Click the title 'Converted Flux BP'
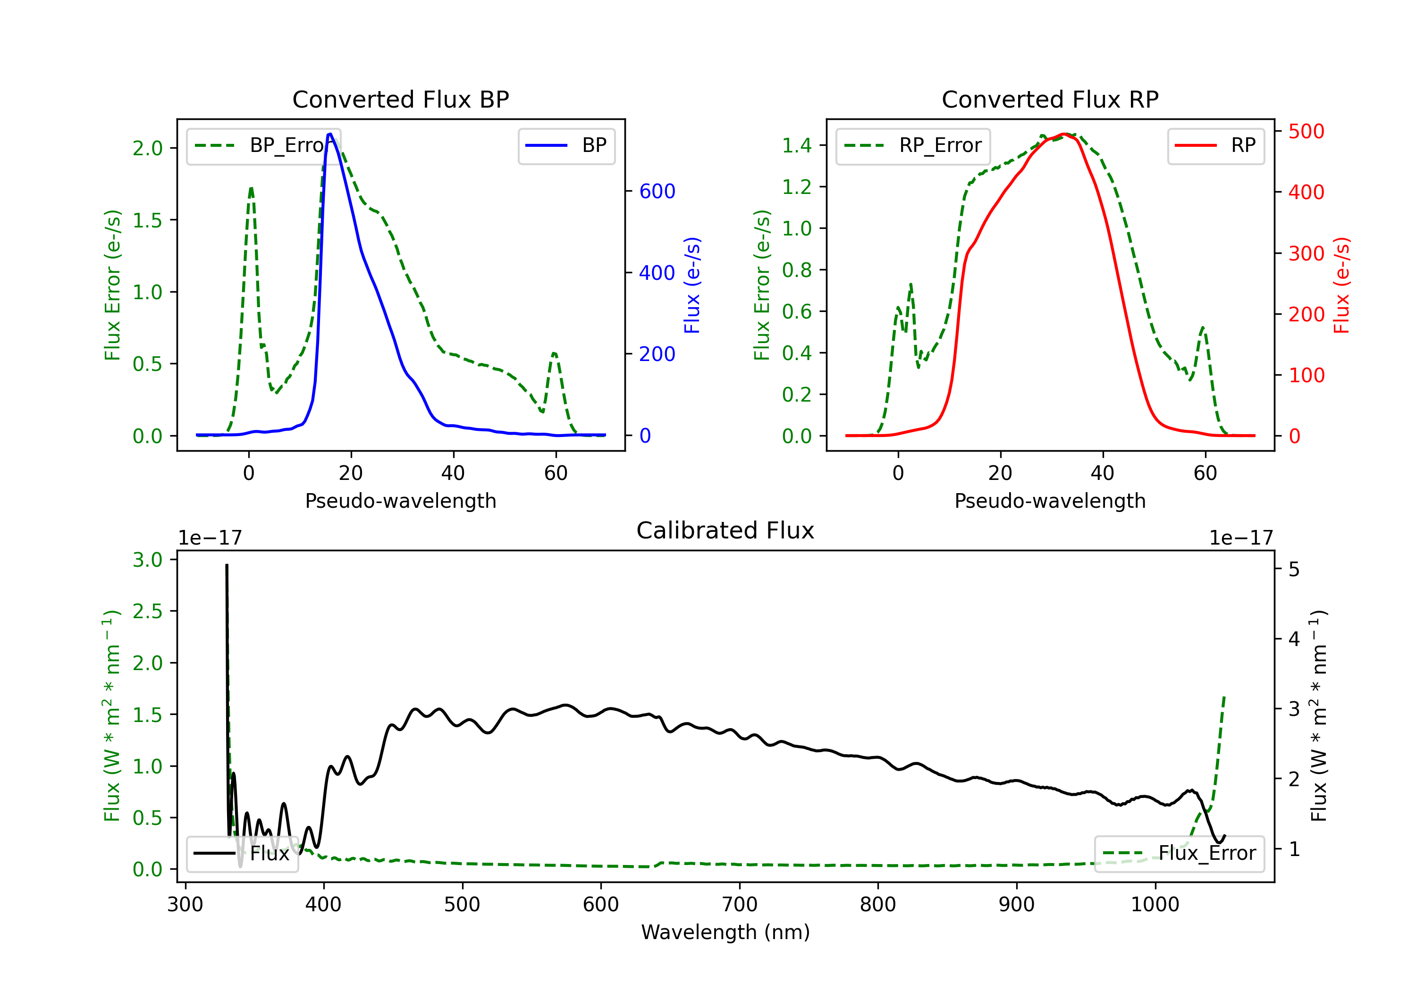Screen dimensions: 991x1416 pos(400,99)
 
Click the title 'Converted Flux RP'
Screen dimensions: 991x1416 pos(1050,99)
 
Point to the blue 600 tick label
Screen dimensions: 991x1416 pos(657,191)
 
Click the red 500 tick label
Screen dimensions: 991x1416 pos(1306,131)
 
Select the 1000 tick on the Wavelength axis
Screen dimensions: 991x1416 pos(1155,905)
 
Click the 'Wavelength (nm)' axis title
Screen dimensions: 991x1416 pos(725,932)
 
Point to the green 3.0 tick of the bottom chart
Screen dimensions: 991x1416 pos(147,560)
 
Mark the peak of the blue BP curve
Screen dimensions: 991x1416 pos(330,134)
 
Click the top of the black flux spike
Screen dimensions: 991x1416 pos(227,565)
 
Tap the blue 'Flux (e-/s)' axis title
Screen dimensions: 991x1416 pos(692,285)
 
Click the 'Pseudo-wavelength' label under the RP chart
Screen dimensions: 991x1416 pos(1050,501)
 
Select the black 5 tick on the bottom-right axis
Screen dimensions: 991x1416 pos(1294,569)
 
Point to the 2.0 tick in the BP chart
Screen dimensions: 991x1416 pos(147,148)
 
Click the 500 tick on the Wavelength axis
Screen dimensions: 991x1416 pos(462,905)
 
